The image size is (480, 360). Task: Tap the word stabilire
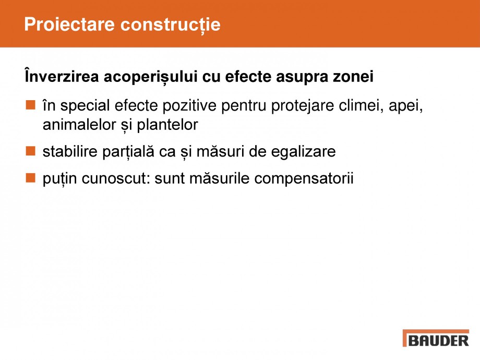[x=68, y=152]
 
